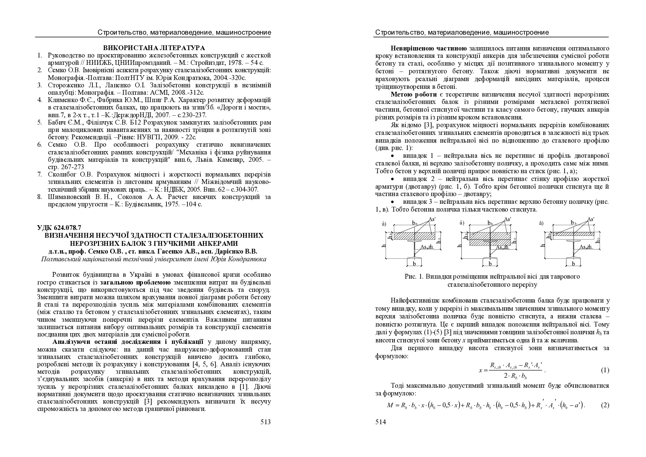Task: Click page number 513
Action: point(265,422)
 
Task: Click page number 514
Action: point(380,422)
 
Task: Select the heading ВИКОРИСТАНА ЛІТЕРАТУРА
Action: point(154,48)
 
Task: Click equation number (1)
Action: point(605,370)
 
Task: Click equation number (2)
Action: point(605,405)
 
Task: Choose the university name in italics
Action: point(154,259)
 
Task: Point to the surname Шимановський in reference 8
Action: point(70,197)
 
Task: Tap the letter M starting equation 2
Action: point(390,405)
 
